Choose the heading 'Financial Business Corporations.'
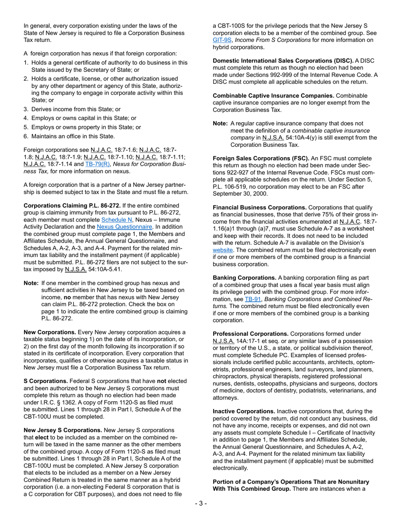[259, 208]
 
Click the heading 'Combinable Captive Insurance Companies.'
[273, 96]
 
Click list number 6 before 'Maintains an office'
[26, 136]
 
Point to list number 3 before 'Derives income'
[26, 109]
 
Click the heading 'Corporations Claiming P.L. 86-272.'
[72, 205]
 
